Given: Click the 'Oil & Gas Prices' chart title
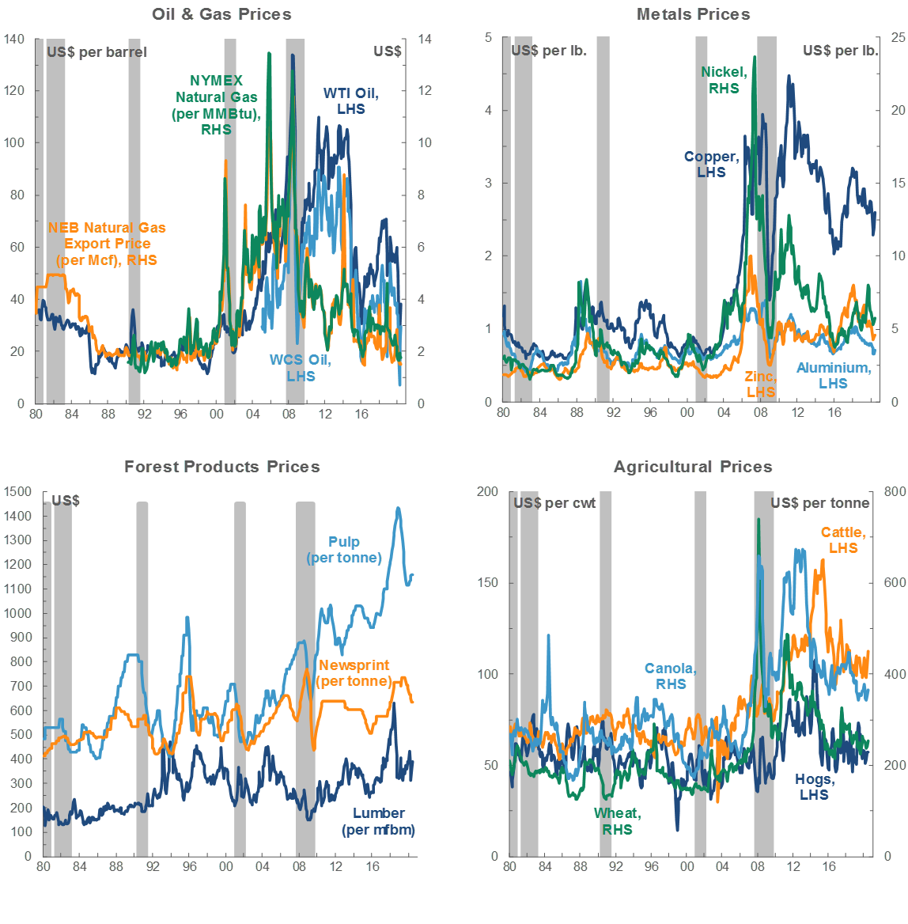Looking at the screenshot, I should click(x=221, y=14).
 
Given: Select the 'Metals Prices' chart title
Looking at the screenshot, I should click(x=693, y=14).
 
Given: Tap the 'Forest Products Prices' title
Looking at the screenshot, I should click(x=221, y=467).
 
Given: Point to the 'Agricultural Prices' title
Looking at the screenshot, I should click(x=693, y=467).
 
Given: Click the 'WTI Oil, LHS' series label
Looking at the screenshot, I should click(x=350, y=101).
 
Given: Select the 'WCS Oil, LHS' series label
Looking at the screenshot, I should click(x=300, y=368).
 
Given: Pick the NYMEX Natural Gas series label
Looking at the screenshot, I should click(x=216, y=104).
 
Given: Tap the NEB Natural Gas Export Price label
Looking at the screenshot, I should click(x=107, y=244).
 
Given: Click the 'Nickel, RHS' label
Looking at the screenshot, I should click(x=724, y=81).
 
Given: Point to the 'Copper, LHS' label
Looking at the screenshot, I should click(x=712, y=165).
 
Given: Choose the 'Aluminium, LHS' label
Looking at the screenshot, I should click(x=833, y=376).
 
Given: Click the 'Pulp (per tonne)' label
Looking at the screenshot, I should click(x=344, y=550).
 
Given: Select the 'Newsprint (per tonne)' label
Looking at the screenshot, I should click(x=354, y=673).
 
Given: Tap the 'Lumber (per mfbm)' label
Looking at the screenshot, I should click(x=378, y=821).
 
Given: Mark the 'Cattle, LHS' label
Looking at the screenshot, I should click(x=843, y=540).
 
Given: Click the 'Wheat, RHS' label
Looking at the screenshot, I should click(x=617, y=821).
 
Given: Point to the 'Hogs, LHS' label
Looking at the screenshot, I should click(x=814, y=787).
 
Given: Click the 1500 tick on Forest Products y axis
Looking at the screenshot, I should click(x=17, y=492).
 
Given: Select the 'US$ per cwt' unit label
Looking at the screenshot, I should click(x=554, y=503).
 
